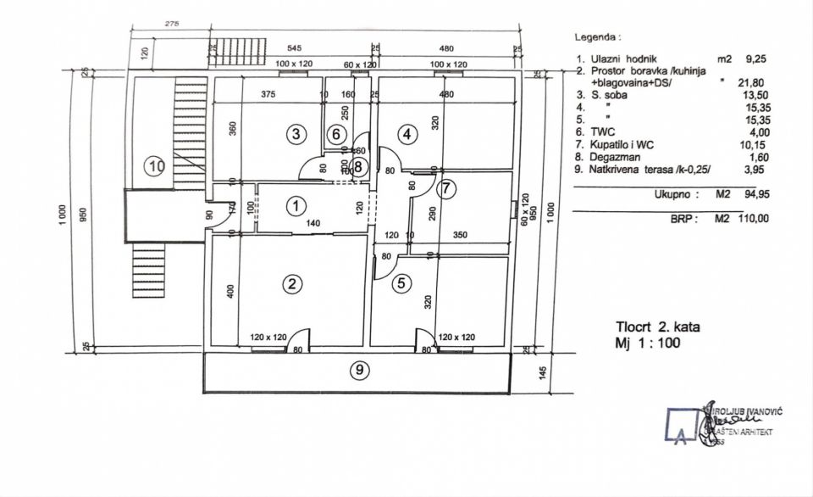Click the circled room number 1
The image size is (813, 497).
(296, 205)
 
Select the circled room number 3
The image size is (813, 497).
(295, 133)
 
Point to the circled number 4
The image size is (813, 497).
(408, 133)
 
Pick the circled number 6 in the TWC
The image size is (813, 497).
(336, 134)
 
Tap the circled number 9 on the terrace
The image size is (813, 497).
(361, 371)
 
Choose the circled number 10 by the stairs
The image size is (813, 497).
(155, 166)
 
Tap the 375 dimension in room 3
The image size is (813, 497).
(268, 93)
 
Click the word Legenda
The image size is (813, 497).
(597, 37)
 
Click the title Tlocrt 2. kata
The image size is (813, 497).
(658, 326)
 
